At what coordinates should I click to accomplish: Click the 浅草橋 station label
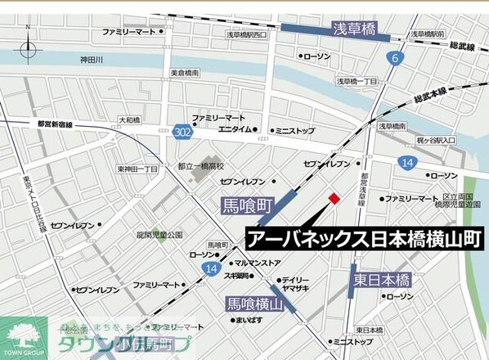[x=353, y=29]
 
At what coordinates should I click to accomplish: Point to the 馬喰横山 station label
[x=255, y=305]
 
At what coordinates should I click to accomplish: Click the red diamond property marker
[x=334, y=198]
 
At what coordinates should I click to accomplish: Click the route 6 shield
[x=396, y=58]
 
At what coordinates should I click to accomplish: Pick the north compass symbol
[x=29, y=49]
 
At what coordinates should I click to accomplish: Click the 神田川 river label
[x=91, y=60]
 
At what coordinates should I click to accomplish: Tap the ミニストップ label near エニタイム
[x=294, y=129]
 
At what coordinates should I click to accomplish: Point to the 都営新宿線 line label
[x=55, y=124]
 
